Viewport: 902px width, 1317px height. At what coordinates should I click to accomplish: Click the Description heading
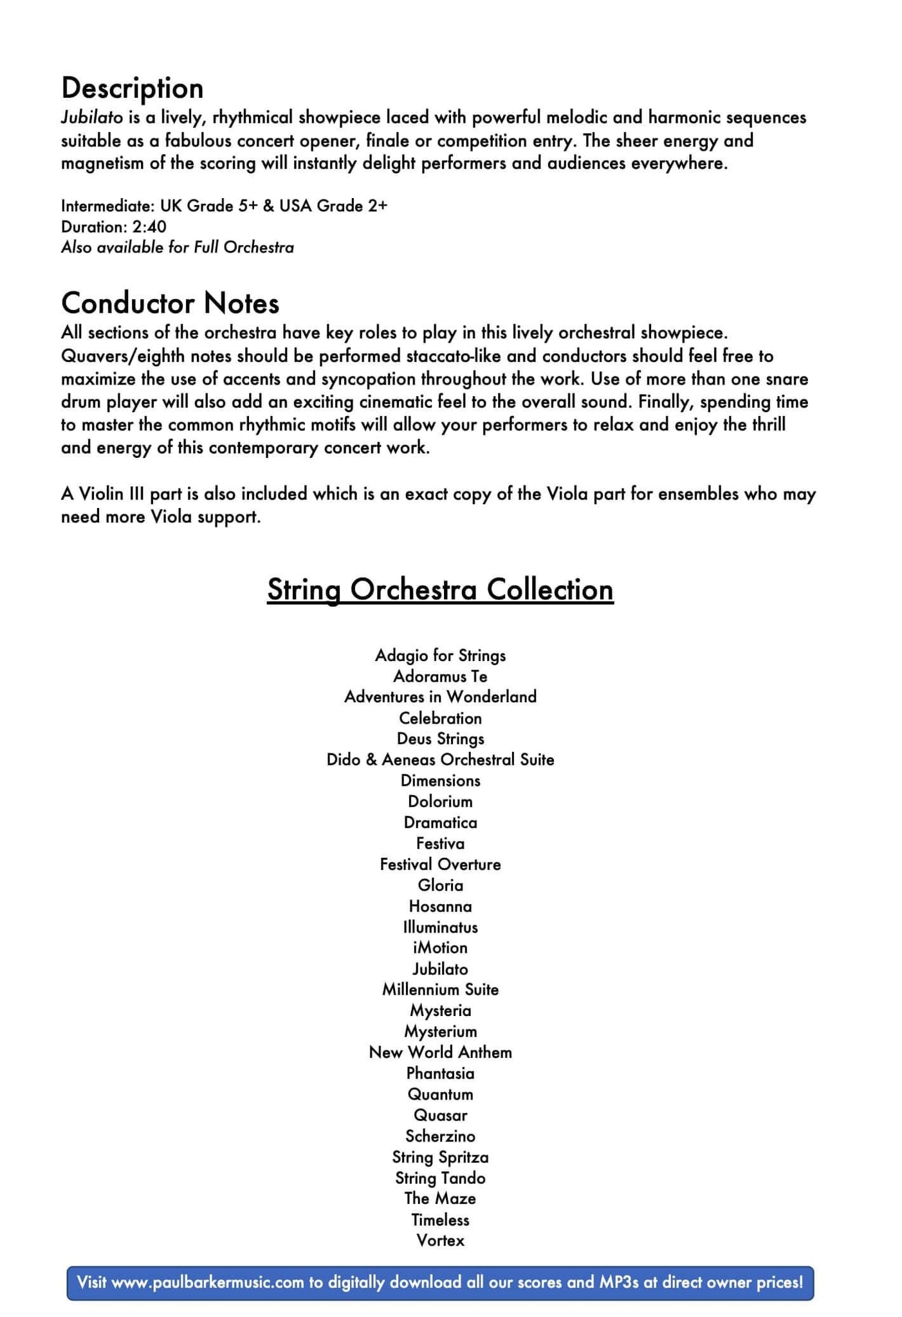[x=132, y=88]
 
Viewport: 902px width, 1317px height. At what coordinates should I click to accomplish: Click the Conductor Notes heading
[x=170, y=303]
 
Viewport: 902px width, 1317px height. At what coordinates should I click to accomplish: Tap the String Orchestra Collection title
[x=440, y=590]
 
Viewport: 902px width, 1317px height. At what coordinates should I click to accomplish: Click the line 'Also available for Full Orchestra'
[x=177, y=248]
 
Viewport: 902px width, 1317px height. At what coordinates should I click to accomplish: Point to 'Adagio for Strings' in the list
[x=440, y=655]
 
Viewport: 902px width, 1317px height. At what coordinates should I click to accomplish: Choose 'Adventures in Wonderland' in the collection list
[x=440, y=697]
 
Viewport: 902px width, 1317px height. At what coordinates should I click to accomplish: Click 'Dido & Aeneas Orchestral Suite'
[x=440, y=759]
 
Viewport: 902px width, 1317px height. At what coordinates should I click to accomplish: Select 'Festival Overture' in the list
[x=440, y=864]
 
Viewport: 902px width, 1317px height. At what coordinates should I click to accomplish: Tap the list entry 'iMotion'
[x=440, y=948]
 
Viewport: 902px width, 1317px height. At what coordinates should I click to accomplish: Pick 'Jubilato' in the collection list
[x=440, y=969]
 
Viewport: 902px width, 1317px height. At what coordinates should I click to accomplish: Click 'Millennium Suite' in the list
[x=440, y=990]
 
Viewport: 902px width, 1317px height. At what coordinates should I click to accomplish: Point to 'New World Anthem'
[x=440, y=1053]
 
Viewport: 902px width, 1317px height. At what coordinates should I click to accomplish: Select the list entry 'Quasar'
[x=440, y=1115]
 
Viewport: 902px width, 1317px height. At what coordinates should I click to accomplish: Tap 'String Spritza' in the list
[x=440, y=1158]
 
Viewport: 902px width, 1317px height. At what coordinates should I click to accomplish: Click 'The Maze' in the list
[x=440, y=1199]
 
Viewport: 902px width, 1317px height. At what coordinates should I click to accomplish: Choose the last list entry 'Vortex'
[x=440, y=1240]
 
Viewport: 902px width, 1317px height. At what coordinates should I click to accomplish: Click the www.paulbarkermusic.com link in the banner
[x=207, y=1282]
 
